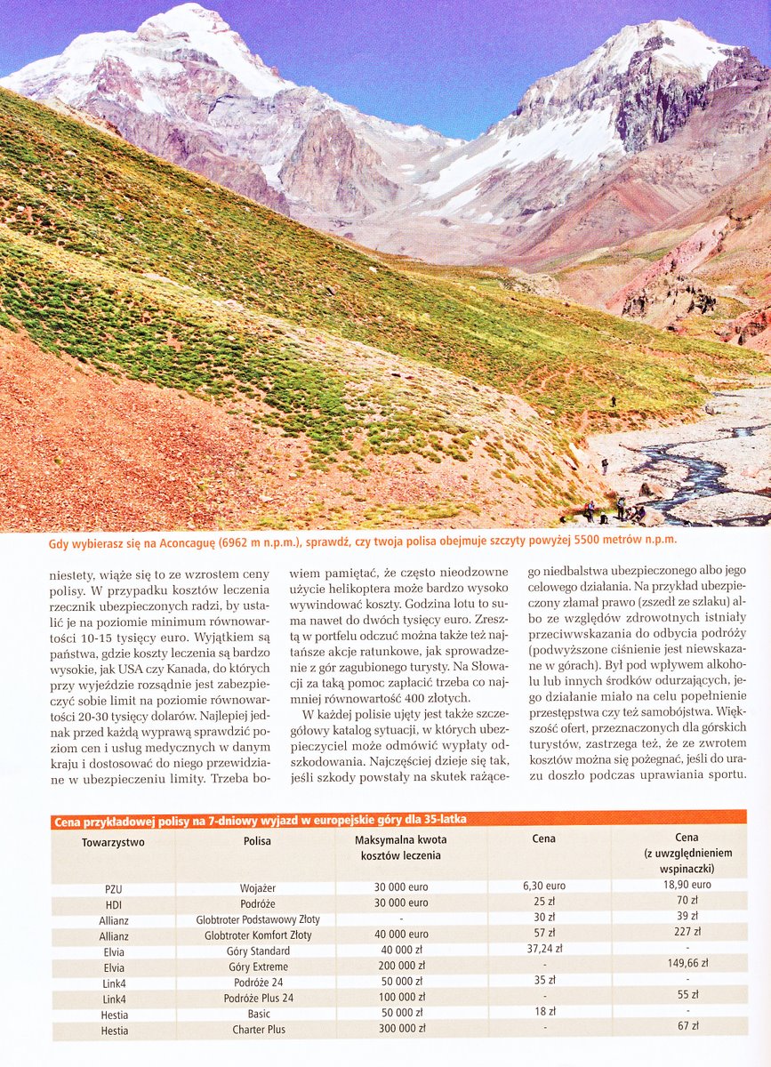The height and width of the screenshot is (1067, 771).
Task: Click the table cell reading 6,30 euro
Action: [x=543, y=886]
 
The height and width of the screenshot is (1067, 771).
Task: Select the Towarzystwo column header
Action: [x=113, y=841]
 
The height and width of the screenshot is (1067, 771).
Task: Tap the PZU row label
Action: [x=113, y=887]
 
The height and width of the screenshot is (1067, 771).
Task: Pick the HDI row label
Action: [x=113, y=903]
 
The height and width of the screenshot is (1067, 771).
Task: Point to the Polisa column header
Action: [x=257, y=841]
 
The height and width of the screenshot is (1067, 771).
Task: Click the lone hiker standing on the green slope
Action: [x=613, y=402]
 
